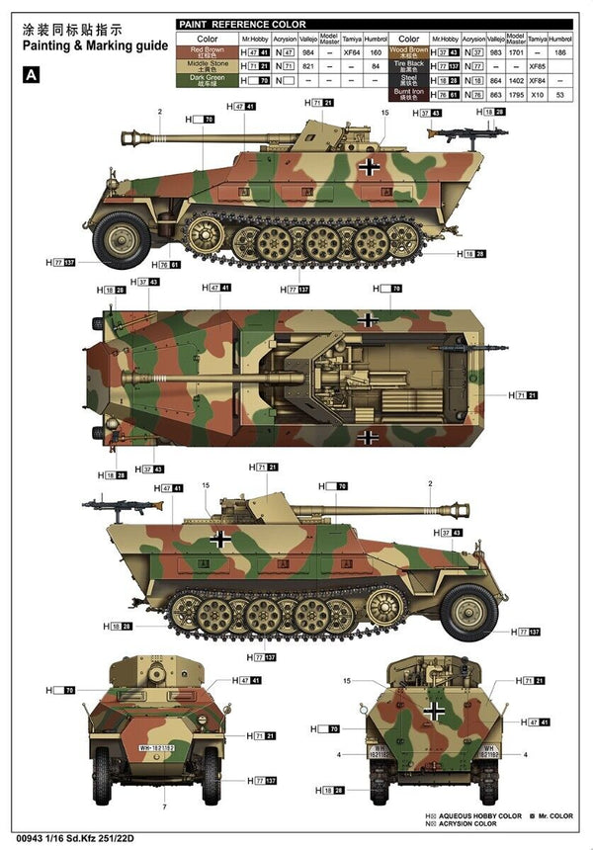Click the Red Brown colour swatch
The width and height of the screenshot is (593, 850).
(208, 50)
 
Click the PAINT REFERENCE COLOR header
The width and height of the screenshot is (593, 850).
(242, 24)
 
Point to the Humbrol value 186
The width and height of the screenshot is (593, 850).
(560, 51)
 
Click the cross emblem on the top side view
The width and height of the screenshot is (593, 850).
(368, 167)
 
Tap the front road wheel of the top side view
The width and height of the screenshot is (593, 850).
(123, 239)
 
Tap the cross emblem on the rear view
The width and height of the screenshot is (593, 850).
(434, 710)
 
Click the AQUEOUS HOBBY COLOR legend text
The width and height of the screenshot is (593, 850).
(464, 816)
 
